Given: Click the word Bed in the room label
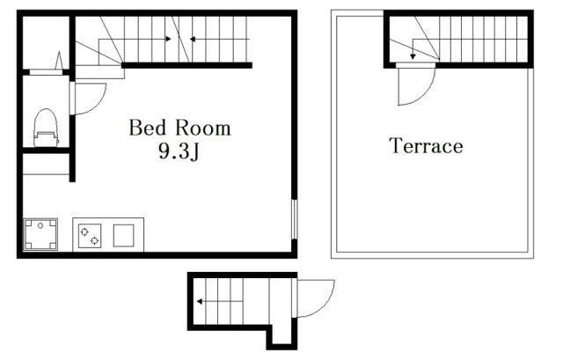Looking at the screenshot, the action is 147,128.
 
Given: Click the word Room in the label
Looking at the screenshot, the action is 203,128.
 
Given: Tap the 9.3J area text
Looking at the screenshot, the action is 179,152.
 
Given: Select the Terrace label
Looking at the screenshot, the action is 426,145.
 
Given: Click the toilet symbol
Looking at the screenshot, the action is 46,128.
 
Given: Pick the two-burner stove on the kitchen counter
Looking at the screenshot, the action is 90,236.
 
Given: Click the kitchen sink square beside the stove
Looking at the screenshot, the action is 123,236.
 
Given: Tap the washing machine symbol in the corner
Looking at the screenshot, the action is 40,234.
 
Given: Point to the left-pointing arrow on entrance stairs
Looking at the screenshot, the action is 220,301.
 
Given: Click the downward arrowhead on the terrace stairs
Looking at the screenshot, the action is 413,56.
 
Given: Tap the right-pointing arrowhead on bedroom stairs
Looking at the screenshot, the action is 168,39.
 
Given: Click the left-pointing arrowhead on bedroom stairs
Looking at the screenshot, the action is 193,39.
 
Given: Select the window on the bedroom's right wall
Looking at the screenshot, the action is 294,219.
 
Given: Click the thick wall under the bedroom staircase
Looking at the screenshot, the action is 186,65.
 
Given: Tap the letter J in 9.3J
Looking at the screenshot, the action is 194,152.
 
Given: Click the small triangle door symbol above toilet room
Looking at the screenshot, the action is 59,61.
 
